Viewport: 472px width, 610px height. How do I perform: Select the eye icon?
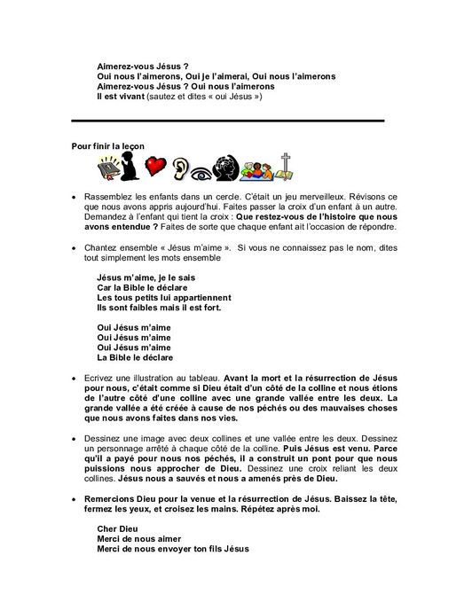pyautogui.click(x=208, y=168)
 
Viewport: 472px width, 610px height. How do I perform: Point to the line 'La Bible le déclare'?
pyautogui.click(x=134, y=358)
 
